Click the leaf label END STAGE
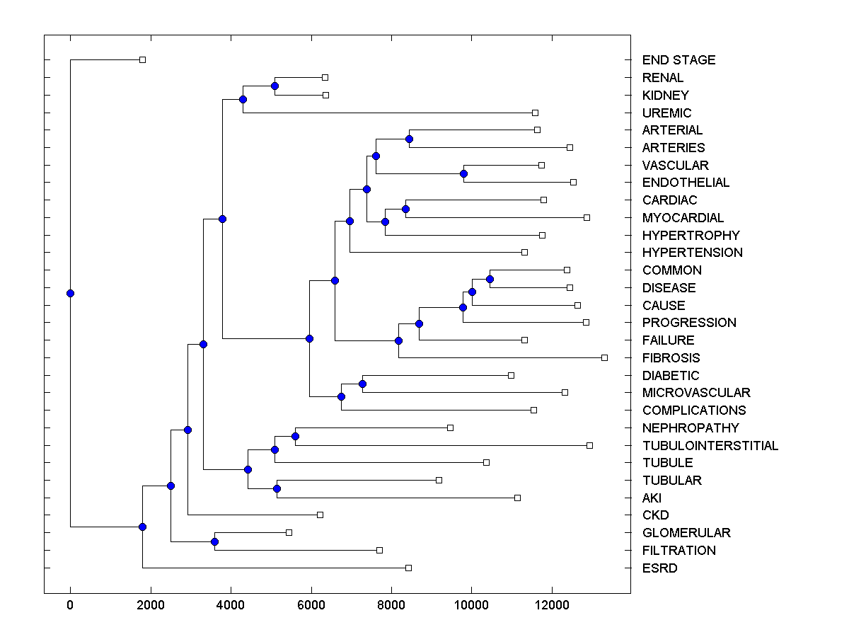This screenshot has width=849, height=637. (678, 60)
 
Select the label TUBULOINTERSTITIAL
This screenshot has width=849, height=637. (710, 445)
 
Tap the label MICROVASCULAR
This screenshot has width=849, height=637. (696, 393)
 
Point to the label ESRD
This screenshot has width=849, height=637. (659, 568)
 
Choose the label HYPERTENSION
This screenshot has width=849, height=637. (692, 253)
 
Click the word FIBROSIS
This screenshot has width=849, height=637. (671, 358)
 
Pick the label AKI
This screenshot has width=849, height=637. (652, 498)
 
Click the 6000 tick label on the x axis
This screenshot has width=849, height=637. (311, 604)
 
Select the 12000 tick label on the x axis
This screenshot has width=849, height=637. (551, 604)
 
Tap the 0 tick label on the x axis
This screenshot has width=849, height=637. (70, 604)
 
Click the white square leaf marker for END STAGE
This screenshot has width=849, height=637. (142, 59)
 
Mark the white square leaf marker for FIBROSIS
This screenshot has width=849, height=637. (604, 357)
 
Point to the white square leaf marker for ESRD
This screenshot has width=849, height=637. (408, 568)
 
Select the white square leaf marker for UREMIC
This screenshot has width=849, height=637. (535, 113)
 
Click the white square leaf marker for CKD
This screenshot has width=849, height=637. (320, 515)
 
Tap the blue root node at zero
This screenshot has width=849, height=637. (70, 293)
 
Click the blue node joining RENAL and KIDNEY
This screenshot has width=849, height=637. (275, 86)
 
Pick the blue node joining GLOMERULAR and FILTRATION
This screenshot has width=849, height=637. (214, 541)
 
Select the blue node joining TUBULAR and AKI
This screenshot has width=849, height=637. (277, 488)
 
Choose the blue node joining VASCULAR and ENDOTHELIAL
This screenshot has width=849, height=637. (463, 173)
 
